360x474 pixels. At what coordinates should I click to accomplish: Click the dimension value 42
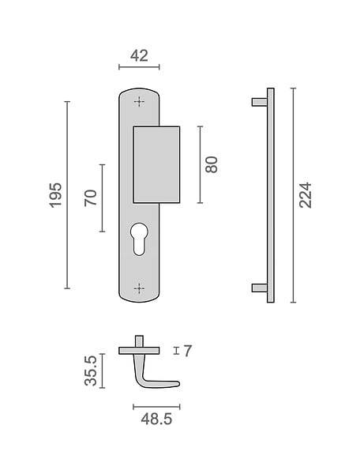click(139, 56)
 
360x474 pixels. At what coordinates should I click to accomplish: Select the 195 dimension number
click(55, 195)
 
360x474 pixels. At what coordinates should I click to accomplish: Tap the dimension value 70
click(91, 198)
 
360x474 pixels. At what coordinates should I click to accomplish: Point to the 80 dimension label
click(212, 164)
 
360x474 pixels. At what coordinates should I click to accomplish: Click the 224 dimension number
click(305, 195)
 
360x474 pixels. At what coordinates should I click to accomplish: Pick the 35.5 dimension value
click(91, 371)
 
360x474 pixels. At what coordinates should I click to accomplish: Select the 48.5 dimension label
click(156, 419)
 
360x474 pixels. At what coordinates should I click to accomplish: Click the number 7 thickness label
click(188, 351)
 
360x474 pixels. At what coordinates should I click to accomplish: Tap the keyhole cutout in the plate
click(139, 239)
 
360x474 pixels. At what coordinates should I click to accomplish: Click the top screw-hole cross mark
click(139, 102)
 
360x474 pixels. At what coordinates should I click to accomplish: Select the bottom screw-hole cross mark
click(139, 288)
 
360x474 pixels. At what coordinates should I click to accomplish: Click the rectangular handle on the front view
click(156, 165)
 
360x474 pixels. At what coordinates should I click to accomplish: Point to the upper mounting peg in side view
click(260, 102)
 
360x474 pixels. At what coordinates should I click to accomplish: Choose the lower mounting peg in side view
click(260, 288)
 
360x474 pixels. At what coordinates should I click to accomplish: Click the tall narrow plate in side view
click(271, 195)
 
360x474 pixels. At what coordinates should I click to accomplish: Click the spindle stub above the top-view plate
click(139, 341)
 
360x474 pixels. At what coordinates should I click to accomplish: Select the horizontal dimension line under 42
click(139, 67)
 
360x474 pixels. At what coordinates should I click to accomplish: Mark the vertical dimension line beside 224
click(293, 195)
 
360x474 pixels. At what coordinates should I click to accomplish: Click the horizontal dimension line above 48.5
click(156, 407)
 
